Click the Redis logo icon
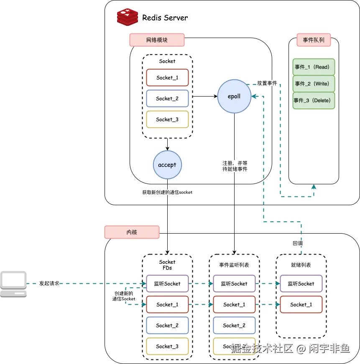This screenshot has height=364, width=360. pos(128,17)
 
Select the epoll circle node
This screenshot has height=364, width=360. pos(234,97)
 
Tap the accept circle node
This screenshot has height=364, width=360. pos(167,165)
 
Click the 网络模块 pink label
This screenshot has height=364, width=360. pos(157,40)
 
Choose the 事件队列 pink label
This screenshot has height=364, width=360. pos(314,40)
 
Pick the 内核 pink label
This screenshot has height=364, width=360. pos(132,232)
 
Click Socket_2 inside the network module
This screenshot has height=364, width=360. pos(167,99)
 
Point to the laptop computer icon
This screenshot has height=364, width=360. pos(13,284)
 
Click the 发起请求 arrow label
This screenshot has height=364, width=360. pos(49,283)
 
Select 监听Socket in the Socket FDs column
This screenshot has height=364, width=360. pos(167,283)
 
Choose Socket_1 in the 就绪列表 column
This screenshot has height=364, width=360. pos(301,305)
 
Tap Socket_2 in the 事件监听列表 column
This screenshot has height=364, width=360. pos(234,325)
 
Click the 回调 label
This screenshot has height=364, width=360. pos(297,243)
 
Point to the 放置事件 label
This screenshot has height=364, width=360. pos(267,83)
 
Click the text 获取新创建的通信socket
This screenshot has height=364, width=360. pos(167,192)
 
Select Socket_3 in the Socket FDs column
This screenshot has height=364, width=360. pos(167,346)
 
